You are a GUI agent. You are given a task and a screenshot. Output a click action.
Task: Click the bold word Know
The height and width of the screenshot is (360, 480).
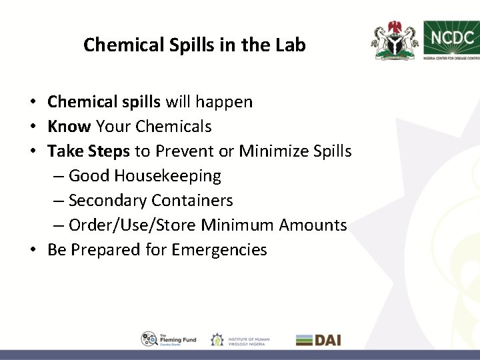tap(70, 126)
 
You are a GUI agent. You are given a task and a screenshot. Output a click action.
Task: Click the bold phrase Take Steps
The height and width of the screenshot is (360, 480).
tap(89, 151)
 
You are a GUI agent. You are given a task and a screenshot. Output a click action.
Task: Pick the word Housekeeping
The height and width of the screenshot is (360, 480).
tap(169, 176)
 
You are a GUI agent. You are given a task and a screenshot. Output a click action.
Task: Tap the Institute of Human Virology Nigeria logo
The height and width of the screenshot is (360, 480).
tap(241, 339)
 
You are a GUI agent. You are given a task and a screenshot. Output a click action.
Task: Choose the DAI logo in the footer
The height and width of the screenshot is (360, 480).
tap(319, 339)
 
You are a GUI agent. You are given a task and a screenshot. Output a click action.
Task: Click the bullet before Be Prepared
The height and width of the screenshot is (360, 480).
tap(33, 250)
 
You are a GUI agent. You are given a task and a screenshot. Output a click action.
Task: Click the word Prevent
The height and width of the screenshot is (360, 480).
tap(183, 151)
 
